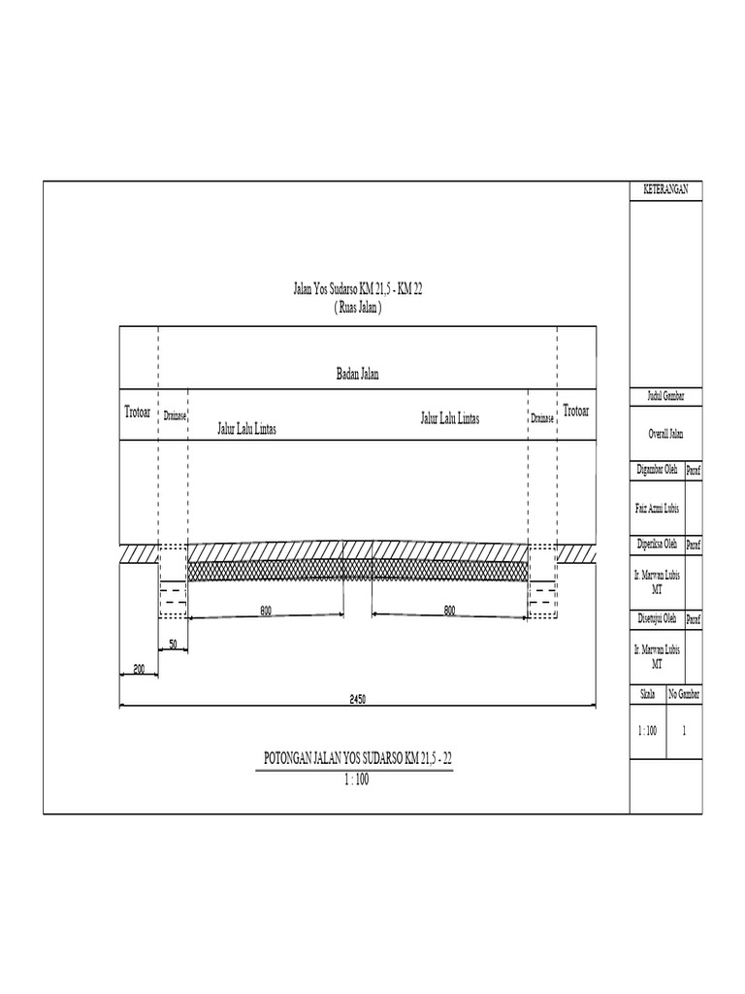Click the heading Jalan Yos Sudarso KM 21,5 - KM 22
pos(357,289)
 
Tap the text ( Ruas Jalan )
pos(357,306)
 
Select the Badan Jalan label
pos(357,375)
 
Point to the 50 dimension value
pos(173,644)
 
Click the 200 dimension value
pos(139,670)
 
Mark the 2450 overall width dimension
pos(358,700)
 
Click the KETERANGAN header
pos(665,190)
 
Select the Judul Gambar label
pos(665,398)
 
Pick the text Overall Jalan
pos(665,435)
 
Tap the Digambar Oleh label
pos(657,470)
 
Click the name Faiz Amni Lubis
pos(657,507)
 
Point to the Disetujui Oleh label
pos(657,618)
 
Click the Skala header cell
pos(648,695)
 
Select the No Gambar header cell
pos(684,695)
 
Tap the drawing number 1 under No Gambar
pos(684,731)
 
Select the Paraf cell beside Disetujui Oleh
pos(694,618)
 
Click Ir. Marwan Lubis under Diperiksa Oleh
pos(657,580)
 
